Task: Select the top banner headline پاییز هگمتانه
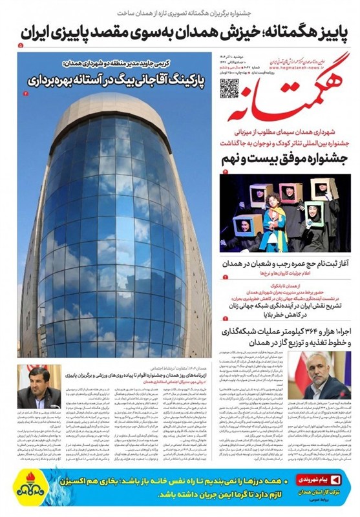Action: (x=285, y=33)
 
